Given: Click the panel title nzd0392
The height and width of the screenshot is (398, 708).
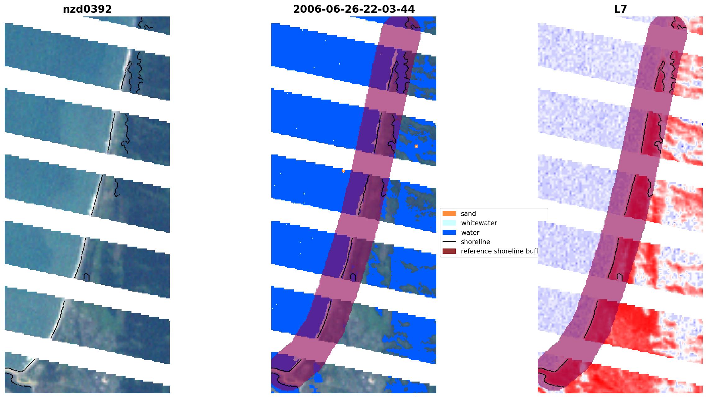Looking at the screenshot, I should pyautogui.click(x=87, y=9).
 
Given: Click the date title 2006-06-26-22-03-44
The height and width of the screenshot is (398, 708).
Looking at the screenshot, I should pyautogui.click(x=354, y=9).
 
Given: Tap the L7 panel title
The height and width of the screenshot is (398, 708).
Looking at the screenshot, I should pyautogui.click(x=620, y=9).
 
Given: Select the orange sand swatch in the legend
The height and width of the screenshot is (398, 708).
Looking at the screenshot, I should pyautogui.click(x=449, y=213).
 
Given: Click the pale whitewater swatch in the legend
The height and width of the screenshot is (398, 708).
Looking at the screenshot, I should pyautogui.click(x=449, y=223).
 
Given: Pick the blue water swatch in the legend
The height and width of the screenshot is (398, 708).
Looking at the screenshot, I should pyautogui.click(x=449, y=232).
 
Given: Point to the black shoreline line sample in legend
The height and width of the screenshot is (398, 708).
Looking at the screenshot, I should pyautogui.click(x=449, y=242).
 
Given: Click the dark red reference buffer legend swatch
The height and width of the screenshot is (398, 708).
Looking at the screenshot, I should pyautogui.click(x=449, y=251).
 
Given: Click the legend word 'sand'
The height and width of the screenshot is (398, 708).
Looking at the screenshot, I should pyautogui.click(x=468, y=214).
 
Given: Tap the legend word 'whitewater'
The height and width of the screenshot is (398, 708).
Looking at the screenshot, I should pyautogui.click(x=479, y=223).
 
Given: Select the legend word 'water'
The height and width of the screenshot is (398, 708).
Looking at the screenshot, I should pyautogui.click(x=470, y=233).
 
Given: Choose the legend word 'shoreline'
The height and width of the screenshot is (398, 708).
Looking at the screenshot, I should pyautogui.click(x=475, y=242).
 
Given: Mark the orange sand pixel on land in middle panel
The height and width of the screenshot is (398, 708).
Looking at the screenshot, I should pyautogui.click(x=416, y=146).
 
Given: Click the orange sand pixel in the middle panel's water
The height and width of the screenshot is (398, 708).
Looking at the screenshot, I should pyautogui.click(x=343, y=171).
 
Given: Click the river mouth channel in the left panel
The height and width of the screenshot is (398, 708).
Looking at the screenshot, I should pyautogui.click(x=19, y=377).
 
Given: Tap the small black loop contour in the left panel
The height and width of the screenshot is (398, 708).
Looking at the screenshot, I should pyautogui.click(x=87, y=277).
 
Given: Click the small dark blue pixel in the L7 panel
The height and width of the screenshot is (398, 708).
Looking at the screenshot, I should pyautogui.click(x=702, y=124).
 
